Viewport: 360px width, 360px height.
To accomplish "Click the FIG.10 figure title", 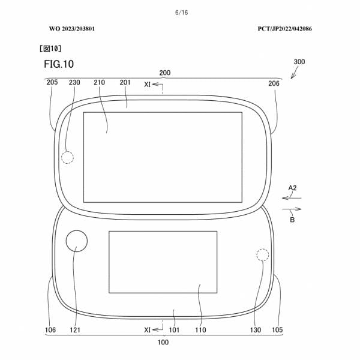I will pyautogui.click(x=59, y=64).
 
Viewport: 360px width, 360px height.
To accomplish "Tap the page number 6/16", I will pyautogui.click(x=179, y=13).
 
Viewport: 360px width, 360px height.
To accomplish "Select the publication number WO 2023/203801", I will pyautogui.click(x=71, y=28).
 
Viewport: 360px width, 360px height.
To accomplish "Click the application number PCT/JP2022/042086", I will pyautogui.click(x=286, y=28).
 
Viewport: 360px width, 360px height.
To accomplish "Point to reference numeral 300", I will pyautogui.click(x=303, y=62).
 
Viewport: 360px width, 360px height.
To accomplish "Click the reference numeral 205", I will pyautogui.click(x=52, y=83).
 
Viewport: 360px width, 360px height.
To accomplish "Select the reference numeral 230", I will pyautogui.click(x=74, y=83).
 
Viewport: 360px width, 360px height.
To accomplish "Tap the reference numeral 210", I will pyautogui.click(x=100, y=83).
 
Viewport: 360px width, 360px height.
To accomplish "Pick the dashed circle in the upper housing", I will pyautogui.click(x=68, y=157).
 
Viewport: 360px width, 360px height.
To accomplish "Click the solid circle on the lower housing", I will pyautogui.click(x=77, y=241).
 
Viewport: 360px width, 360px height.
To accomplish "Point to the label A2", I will pyautogui.click(x=292, y=188).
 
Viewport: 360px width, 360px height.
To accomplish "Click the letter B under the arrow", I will pyautogui.click(x=292, y=220).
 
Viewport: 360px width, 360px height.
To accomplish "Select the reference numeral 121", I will pyautogui.click(x=74, y=329).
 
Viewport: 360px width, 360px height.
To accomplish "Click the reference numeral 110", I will pyautogui.click(x=200, y=329).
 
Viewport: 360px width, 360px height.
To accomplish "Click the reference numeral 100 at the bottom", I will pyautogui.click(x=163, y=343).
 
